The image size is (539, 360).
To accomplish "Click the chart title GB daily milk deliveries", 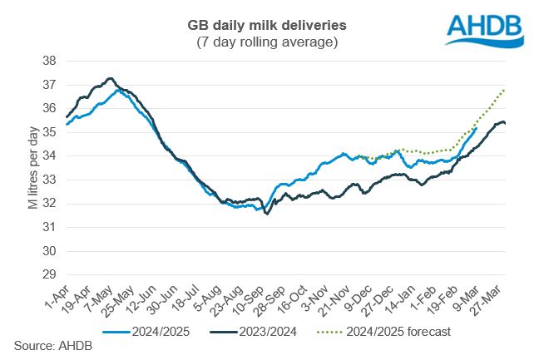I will click(x=269, y=26).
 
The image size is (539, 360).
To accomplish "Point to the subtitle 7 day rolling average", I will click(x=269, y=42).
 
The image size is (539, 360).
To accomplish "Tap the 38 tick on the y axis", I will click(x=49, y=61).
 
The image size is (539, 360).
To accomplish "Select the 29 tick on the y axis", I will click(x=49, y=274).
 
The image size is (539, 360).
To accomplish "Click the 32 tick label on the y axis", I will click(x=49, y=203).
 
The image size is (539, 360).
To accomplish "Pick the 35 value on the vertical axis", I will click(x=49, y=132).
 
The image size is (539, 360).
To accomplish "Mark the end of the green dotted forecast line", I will click(x=505, y=89).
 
